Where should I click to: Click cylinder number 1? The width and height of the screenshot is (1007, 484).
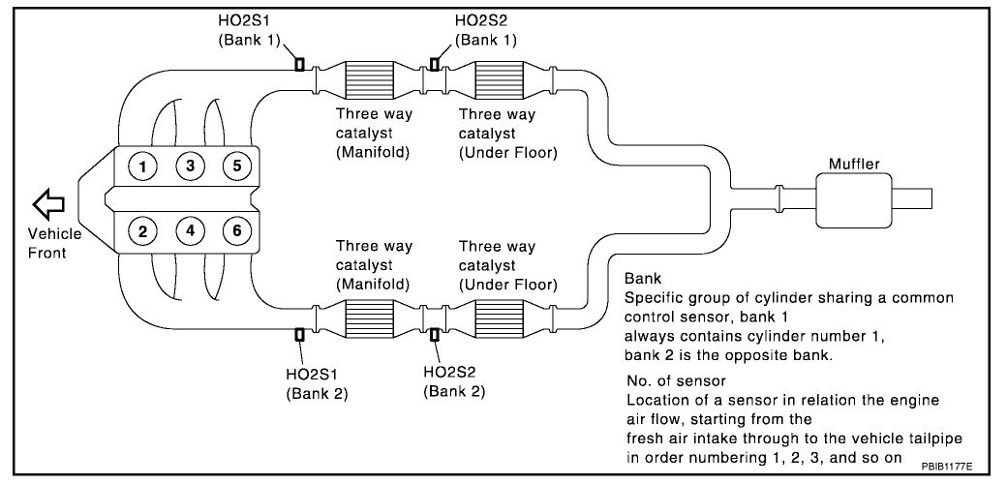point(143,166)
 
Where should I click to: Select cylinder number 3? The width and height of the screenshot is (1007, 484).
point(191,166)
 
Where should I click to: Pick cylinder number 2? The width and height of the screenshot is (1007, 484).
point(143,230)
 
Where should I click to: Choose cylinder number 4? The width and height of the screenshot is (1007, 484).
point(191,230)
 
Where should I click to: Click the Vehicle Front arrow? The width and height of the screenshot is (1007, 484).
point(47,203)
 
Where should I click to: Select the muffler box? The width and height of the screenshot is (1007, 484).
point(853,198)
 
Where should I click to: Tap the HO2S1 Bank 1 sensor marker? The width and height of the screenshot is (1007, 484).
point(299,65)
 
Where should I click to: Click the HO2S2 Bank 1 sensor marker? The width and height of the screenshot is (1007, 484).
point(434,65)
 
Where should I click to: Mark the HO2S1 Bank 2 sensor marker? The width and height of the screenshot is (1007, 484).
point(299,335)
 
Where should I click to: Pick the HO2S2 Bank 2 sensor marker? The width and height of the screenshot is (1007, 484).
point(434,335)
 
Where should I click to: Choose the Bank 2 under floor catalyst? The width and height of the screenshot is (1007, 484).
point(501,317)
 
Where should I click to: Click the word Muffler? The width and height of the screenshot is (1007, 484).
point(854,165)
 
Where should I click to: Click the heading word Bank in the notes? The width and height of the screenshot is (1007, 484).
point(643,278)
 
